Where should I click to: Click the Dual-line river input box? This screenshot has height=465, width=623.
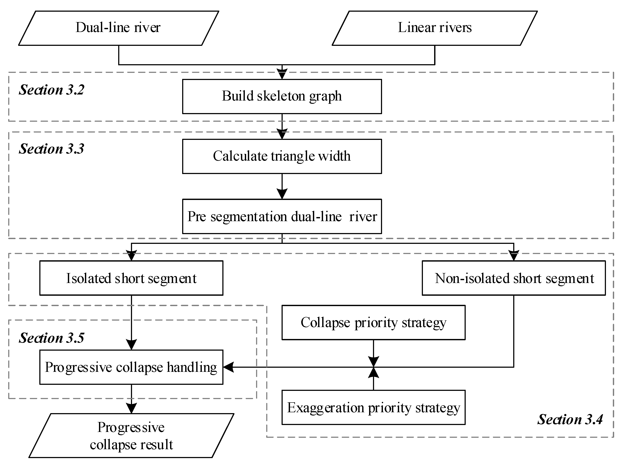118,28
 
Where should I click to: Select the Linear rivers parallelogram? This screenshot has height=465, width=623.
435,28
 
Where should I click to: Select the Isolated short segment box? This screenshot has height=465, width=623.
131,278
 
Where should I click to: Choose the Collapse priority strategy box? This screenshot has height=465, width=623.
373,323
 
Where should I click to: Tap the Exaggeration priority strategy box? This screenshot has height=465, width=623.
373,407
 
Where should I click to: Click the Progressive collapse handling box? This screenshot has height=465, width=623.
131,367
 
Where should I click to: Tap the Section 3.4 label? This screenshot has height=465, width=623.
570,419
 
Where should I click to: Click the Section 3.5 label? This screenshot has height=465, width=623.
51,338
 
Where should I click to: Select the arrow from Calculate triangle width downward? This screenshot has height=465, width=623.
282,186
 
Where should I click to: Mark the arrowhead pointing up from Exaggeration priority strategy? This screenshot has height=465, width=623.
373,373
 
